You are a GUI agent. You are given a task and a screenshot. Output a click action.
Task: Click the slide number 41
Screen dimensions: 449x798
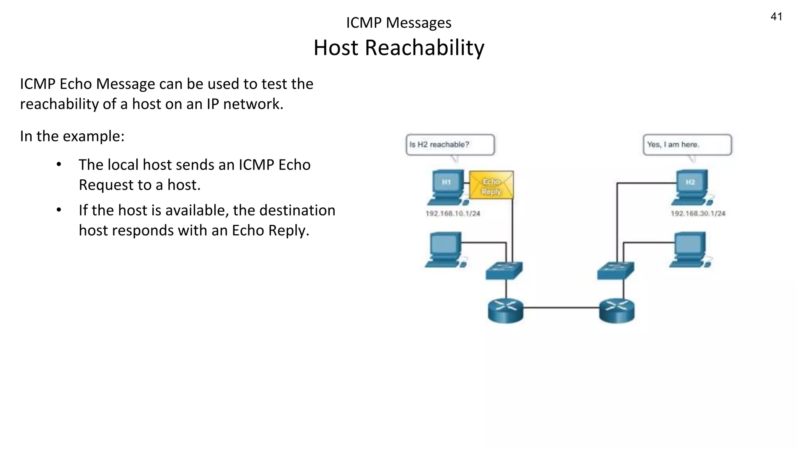(776, 17)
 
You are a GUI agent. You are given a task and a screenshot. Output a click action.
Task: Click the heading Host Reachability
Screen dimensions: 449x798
(399, 48)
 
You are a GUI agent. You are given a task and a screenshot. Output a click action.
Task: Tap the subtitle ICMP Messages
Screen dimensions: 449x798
(399, 23)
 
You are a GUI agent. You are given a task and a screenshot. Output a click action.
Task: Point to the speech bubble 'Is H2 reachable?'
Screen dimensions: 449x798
(450, 145)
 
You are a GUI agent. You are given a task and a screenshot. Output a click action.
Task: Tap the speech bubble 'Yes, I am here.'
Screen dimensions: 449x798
(687, 145)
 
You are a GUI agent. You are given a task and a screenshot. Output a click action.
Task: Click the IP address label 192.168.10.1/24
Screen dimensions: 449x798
(453, 214)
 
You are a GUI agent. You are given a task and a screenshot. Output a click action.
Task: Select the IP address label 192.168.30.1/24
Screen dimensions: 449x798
(698, 214)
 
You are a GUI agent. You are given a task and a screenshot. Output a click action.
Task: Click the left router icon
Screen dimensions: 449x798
(505, 311)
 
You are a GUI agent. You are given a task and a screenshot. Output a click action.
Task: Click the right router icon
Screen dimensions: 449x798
(617, 311)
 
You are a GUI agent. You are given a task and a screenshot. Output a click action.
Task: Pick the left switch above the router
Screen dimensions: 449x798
(504, 270)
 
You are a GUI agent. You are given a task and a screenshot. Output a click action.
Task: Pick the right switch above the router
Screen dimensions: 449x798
(615, 270)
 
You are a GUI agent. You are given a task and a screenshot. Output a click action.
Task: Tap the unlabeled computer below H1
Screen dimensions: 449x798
(445, 250)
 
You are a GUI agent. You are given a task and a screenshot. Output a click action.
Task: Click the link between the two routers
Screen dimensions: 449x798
(561, 308)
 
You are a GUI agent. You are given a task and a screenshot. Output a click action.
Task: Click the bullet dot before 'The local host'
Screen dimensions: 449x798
(59, 164)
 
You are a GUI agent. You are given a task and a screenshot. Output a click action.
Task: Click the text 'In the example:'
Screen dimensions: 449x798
(72, 136)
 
